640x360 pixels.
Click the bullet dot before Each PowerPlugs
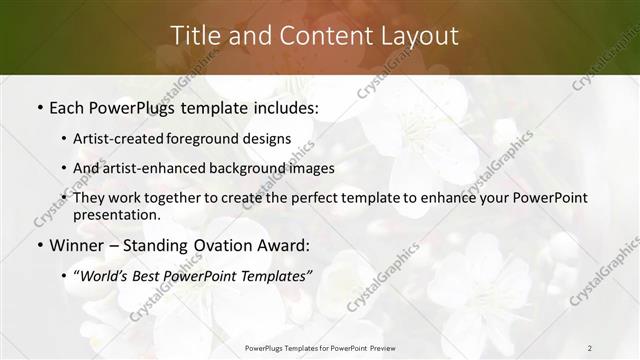coord(39,106)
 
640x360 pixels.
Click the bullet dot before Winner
coord(39,246)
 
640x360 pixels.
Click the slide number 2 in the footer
coord(590,348)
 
